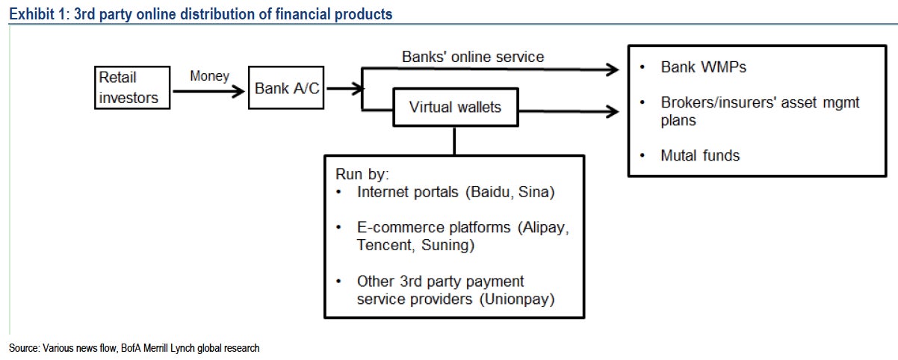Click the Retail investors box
click(132, 87)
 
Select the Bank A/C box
click(286, 87)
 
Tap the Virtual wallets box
click(456, 107)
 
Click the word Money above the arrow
click(209, 75)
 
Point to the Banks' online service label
click(473, 57)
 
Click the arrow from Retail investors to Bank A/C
click(208, 91)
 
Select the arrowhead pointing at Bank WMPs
click(612, 69)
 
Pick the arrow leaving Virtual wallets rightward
click(569, 111)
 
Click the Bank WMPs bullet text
click(703, 67)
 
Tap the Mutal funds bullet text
click(700, 155)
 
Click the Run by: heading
click(362, 174)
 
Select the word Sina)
click(536, 192)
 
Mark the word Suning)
click(448, 245)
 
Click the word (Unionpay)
click(517, 299)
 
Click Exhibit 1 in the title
click(40, 14)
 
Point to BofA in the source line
click(131, 348)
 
